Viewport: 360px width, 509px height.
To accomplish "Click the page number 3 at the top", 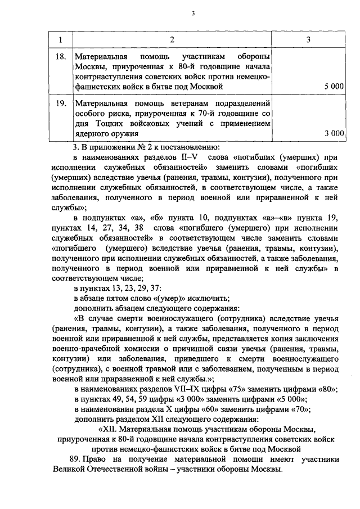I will [192, 13].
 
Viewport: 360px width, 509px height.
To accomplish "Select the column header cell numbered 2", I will [172, 39].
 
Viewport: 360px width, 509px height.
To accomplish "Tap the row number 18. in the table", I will [62, 57].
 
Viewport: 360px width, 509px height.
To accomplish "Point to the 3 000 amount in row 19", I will [334, 133].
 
